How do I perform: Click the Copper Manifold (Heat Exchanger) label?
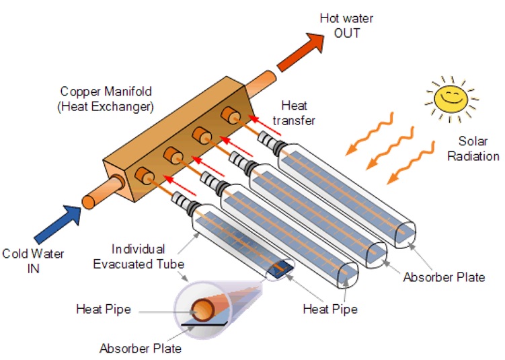point(106,99)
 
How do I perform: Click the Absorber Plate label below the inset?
point(141,349)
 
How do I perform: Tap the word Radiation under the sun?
point(478,156)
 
